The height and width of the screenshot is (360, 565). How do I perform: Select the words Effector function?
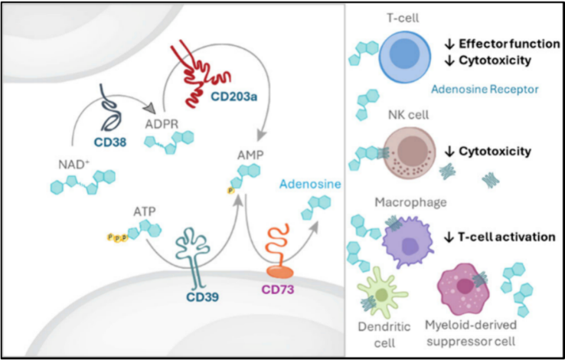(506, 44)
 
